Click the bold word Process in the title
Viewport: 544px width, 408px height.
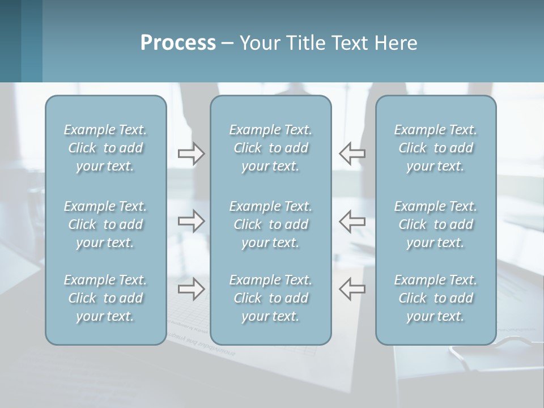click(x=178, y=43)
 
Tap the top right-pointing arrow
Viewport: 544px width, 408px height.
click(x=192, y=154)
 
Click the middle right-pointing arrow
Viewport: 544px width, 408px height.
click(x=192, y=221)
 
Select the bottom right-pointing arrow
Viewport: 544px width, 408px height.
click(x=192, y=289)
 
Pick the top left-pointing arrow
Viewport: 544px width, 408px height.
click(x=352, y=154)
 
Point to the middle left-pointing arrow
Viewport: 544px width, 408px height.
click(x=352, y=221)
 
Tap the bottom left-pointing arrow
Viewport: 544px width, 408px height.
click(x=352, y=289)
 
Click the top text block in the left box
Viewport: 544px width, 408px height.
click(x=105, y=148)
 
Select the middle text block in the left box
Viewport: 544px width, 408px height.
click(x=105, y=224)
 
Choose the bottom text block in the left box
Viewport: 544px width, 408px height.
click(x=105, y=298)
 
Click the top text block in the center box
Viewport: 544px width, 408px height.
click(x=270, y=148)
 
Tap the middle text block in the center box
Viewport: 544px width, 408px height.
click(x=270, y=224)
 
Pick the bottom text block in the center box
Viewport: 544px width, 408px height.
click(x=270, y=298)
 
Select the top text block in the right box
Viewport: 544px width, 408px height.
click(x=435, y=148)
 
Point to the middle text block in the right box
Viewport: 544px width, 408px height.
click(x=435, y=224)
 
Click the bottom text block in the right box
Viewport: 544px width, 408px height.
click(x=435, y=298)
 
